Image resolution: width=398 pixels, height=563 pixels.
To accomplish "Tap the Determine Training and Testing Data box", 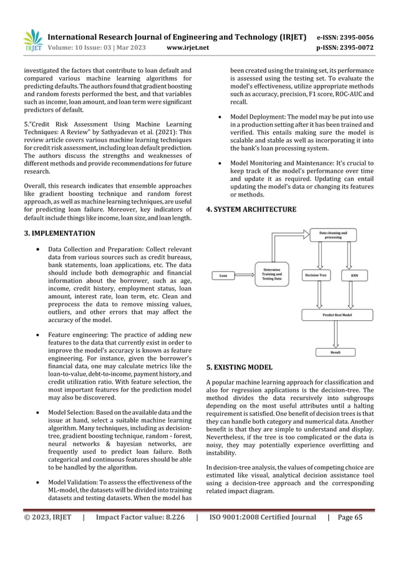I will pos(272,275).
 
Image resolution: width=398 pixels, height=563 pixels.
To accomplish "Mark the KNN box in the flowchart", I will pos(354,275).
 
